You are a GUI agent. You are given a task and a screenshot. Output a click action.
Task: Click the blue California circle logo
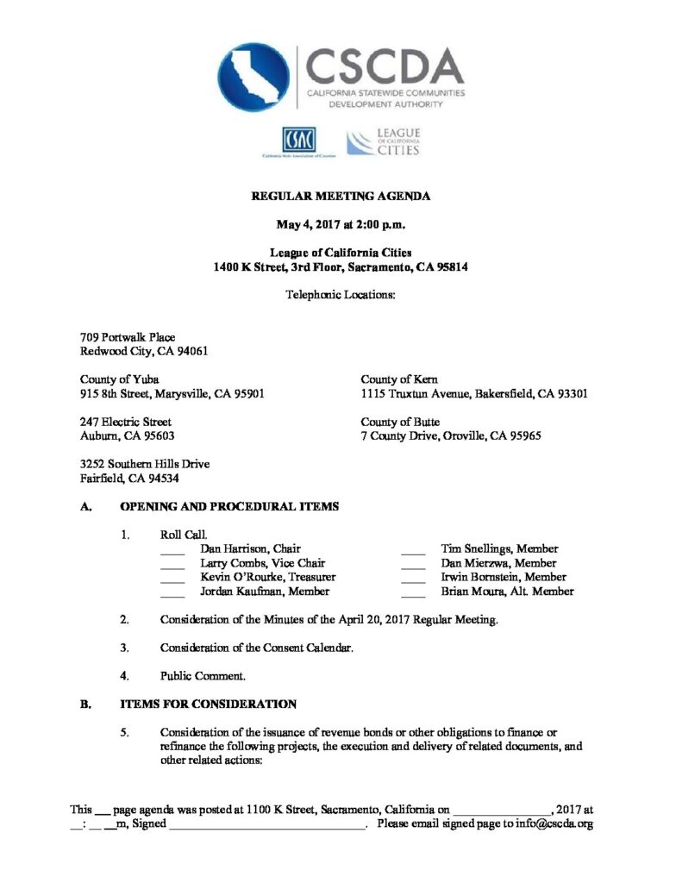point(253,77)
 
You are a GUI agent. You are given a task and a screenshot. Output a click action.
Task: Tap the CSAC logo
point(298,140)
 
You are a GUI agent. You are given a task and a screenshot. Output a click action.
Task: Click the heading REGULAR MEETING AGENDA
point(341,197)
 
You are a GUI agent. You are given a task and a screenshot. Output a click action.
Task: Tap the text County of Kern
point(399,379)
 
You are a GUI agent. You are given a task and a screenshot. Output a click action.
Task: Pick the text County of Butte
point(400,422)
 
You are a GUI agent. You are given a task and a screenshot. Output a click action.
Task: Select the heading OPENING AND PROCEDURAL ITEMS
point(228,506)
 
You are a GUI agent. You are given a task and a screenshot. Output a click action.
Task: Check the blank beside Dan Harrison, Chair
point(172,549)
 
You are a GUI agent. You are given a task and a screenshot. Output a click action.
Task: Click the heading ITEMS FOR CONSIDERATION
point(208,704)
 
